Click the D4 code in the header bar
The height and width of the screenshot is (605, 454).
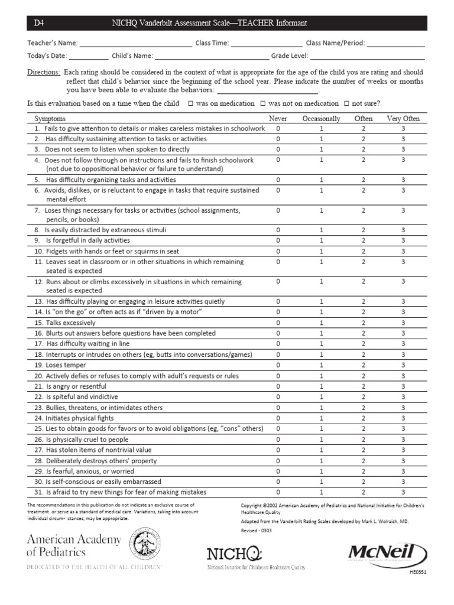39,23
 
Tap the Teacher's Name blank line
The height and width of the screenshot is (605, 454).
135,44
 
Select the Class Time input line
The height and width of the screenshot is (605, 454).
266,44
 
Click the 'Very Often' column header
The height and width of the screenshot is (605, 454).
403,119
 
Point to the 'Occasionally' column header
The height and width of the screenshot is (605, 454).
321,119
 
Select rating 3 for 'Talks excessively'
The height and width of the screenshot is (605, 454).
403,323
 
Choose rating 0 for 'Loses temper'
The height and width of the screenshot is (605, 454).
278,365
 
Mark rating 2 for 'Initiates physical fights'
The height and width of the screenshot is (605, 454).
364,418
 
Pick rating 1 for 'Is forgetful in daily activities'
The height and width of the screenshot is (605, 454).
322,240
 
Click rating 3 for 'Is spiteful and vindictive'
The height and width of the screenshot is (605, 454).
403,397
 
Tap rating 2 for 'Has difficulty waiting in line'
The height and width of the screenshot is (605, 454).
364,344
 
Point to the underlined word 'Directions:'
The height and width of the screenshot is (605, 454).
44,72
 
